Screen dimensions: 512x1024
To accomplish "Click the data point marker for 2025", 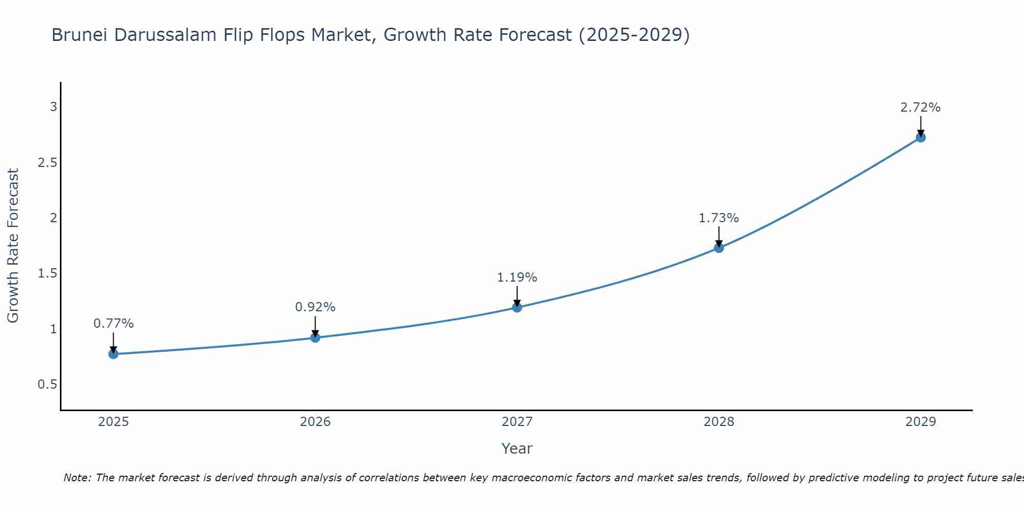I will [113, 354].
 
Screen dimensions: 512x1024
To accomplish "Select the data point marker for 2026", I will [315, 337].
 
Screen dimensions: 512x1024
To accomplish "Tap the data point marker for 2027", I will [517, 307].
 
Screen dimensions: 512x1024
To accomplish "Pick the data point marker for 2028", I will [719, 248].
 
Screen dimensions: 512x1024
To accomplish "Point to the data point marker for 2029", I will [921, 137].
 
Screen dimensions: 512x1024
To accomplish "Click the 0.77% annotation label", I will [113, 324].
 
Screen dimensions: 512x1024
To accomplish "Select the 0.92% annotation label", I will [315, 307].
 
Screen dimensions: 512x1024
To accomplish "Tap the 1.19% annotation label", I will [517, 278].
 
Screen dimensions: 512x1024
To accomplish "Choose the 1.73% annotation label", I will [719, 218].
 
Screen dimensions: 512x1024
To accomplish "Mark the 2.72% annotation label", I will [921, 108].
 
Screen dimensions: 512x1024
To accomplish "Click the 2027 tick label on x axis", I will [517, 422].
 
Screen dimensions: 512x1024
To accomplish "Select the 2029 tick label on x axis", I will [921, 422].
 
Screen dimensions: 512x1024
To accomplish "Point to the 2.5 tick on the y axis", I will [47, 162].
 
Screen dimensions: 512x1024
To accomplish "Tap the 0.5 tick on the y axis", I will [47, 384].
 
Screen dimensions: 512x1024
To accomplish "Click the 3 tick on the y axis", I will [53, 107].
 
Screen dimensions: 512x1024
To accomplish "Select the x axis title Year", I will [517, 449].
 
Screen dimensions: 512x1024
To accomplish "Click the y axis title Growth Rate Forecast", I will [13, 246].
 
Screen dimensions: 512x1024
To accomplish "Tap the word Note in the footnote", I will [77, 478].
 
